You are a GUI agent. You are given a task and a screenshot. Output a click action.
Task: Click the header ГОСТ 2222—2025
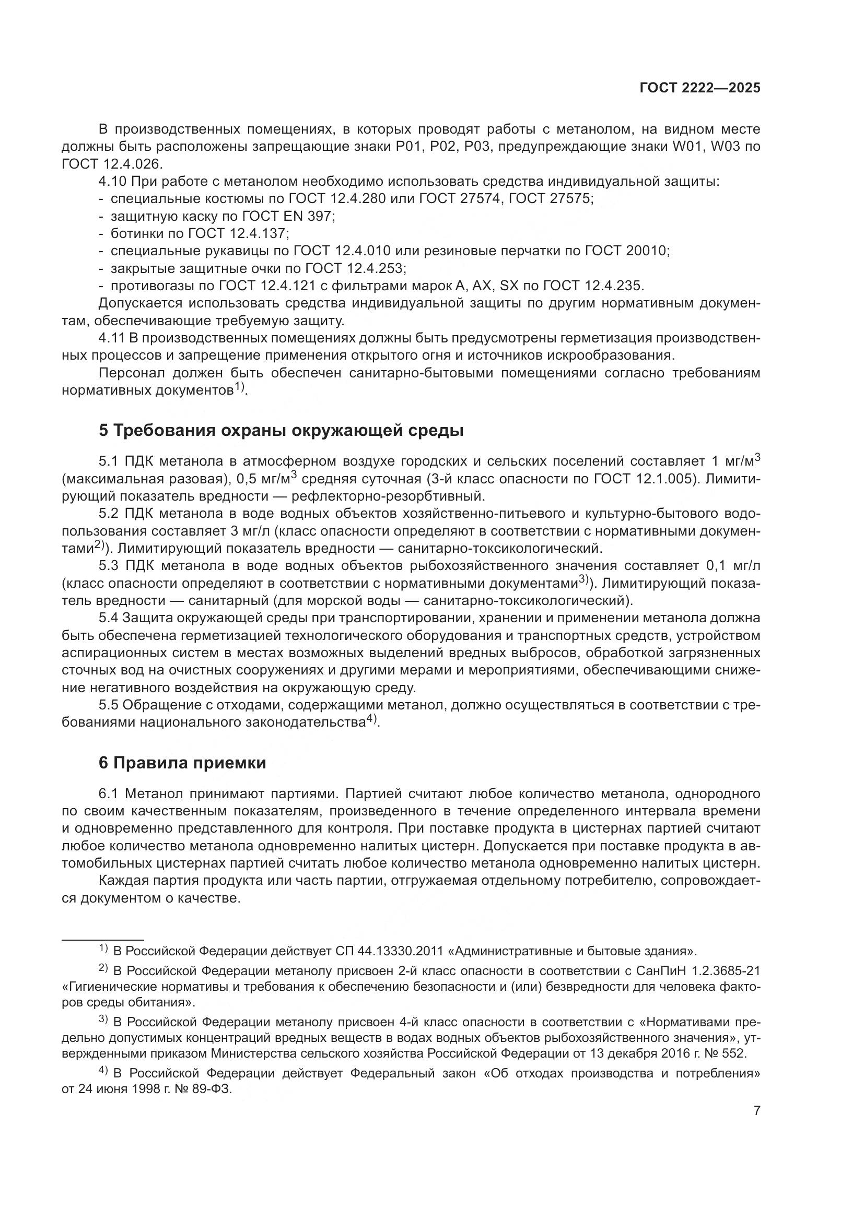click(699, 88)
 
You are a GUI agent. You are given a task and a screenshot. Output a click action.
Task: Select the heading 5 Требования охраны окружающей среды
click(281, 431)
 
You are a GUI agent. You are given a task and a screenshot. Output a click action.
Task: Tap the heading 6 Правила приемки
click(182, 763)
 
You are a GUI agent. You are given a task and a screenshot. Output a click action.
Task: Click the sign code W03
click(726, 147)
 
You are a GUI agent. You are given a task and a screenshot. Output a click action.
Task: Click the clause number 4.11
click(111, 338)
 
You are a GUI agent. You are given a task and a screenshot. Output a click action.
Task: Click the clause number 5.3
click(110, 565)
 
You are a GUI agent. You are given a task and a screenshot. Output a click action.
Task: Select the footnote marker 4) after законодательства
click(371, 720)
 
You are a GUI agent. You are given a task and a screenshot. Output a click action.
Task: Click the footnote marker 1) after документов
click(239, 388)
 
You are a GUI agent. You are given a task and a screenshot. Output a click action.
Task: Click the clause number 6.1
click(110, 795)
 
